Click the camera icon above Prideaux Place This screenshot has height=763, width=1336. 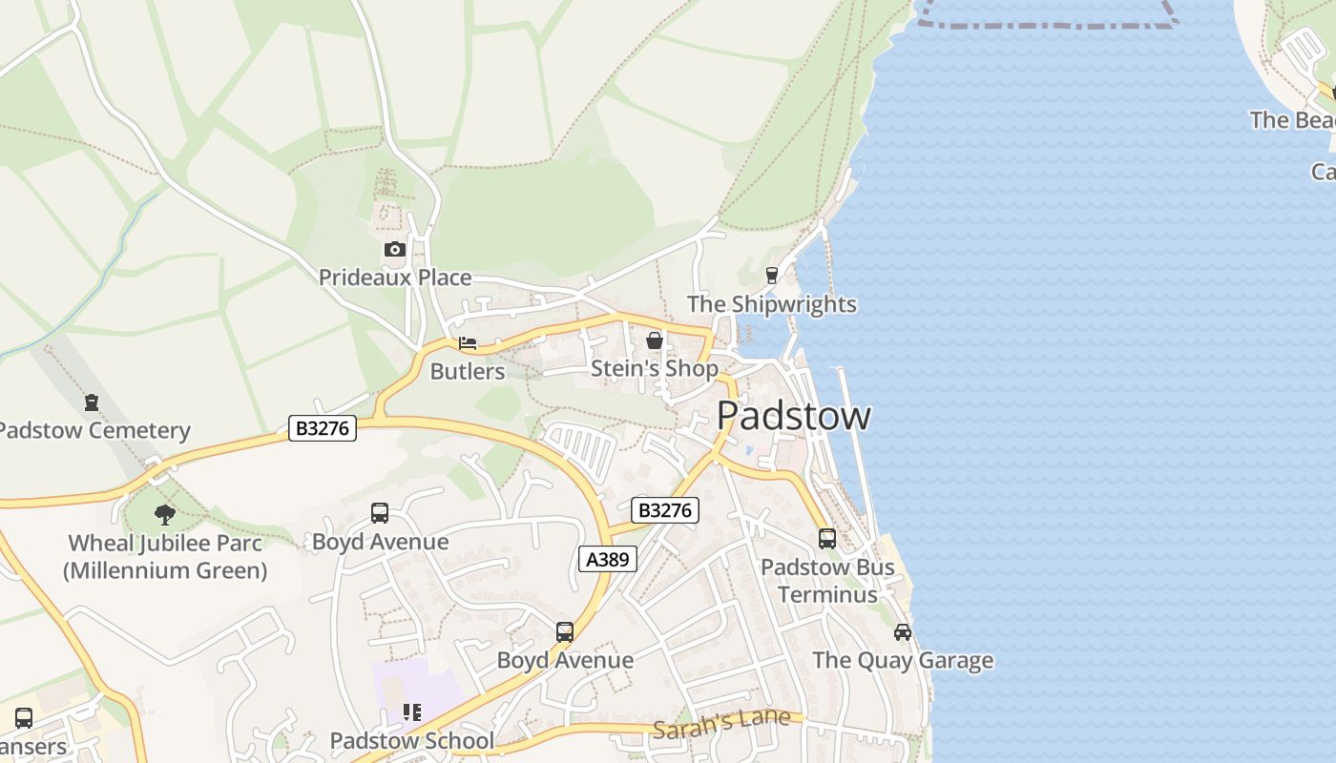[x=394, y=250]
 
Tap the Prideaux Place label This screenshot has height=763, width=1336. [x=395, y=278]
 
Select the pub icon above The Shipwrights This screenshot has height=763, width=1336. [x=772, y=276]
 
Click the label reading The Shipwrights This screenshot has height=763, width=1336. [x=772, y=304]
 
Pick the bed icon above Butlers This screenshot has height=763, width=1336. [x=468, y=343]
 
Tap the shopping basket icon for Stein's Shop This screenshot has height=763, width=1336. [x=655, y=340]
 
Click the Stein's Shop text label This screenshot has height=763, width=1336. [x=655, y=368]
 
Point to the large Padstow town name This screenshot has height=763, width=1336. [x=793, y=416]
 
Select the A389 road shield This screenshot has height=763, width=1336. [x=608, y=559]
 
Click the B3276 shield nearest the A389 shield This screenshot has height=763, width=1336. [x=665, y=510]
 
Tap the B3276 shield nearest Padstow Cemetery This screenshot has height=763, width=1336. [x=323, y=428]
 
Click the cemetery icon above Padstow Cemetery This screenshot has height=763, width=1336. [x=92, y=402]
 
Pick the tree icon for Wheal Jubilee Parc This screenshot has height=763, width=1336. [x=165, y=515]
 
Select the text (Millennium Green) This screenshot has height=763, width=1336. [x=165, y=570]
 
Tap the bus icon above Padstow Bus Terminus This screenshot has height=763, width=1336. [x=827, y=539]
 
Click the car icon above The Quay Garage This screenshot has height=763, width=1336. [x=903, y=632]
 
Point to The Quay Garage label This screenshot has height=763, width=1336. [x=903, y=660]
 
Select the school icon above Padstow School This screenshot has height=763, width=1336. [x=411, y=712]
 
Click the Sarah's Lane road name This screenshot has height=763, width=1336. [x=722, y=723]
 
